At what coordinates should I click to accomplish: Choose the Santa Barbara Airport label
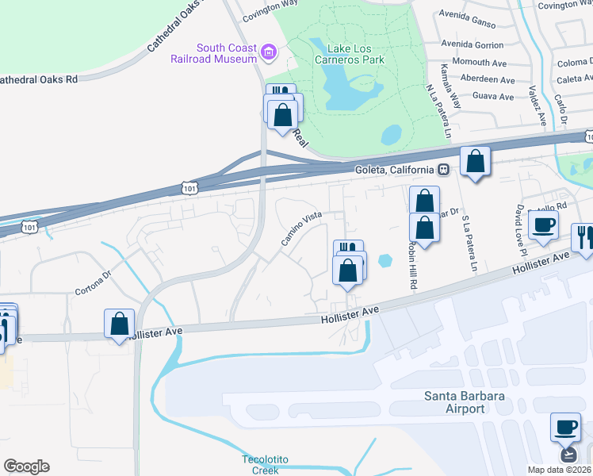tap(454, 402)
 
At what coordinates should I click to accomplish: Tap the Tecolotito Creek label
tap(261, 464)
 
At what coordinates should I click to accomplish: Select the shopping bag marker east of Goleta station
tap(475, 162)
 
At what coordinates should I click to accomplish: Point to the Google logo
tap(26, 466)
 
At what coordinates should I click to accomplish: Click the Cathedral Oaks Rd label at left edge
tap(39, 79)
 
